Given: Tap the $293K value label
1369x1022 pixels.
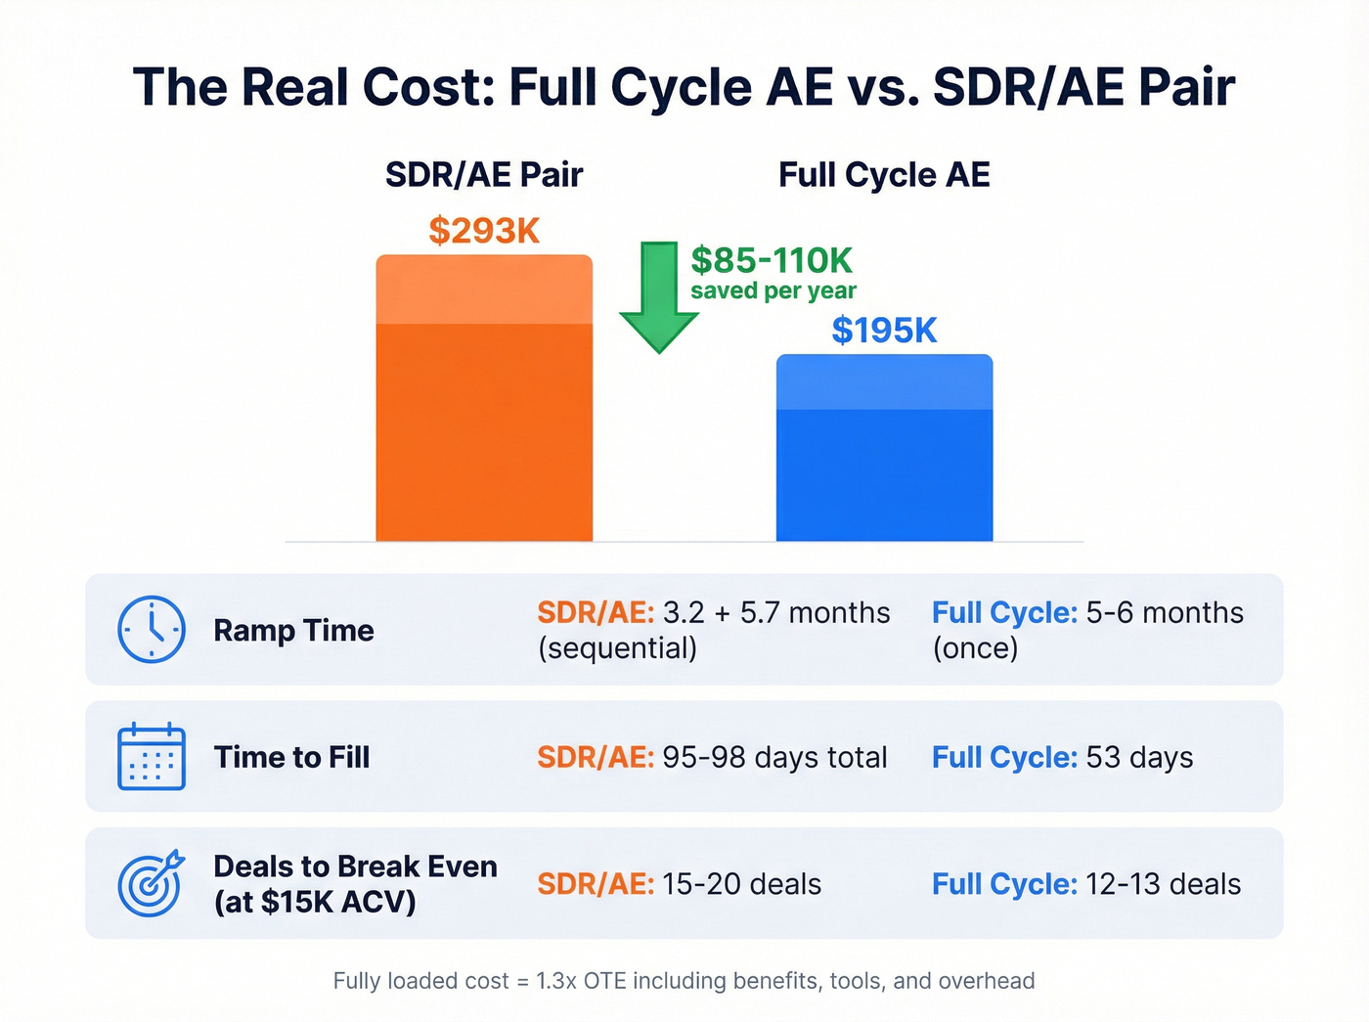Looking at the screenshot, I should coord(484,231).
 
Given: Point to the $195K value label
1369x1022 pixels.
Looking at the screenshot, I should coord(884,331).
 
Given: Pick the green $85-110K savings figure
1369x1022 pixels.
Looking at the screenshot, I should coord(772,260).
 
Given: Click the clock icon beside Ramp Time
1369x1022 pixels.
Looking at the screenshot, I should coord(152,630).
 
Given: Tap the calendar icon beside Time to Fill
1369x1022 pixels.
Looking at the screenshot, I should coord(152,756).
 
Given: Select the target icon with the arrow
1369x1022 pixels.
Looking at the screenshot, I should coord(151,882).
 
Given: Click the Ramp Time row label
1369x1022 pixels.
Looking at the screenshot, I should coord(293,631).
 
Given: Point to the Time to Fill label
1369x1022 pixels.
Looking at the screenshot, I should coord(291,757).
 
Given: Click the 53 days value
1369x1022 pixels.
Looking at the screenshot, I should coord(1139,758).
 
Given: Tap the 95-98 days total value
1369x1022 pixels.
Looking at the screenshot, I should coord(774,758).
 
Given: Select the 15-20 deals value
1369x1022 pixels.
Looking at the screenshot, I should coord(741,884).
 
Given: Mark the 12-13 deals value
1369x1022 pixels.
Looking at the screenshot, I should coord(1163,884).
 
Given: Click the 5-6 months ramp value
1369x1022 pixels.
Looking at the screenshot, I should coord(1165,613).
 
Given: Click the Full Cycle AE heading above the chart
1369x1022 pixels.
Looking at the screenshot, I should coord(884,175).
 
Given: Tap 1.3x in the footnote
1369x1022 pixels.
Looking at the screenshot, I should coord(556,981).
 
